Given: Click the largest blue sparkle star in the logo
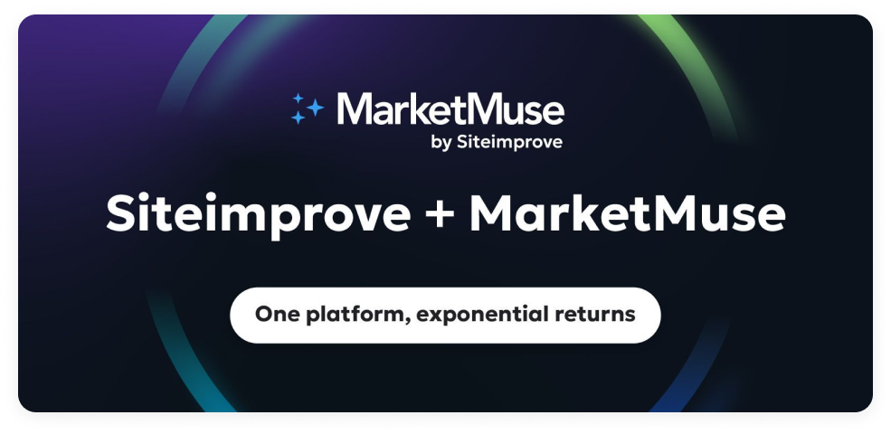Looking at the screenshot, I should (314, 108).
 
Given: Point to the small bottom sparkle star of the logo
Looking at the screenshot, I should (298, 118).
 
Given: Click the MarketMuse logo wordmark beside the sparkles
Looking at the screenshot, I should (450, 110).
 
